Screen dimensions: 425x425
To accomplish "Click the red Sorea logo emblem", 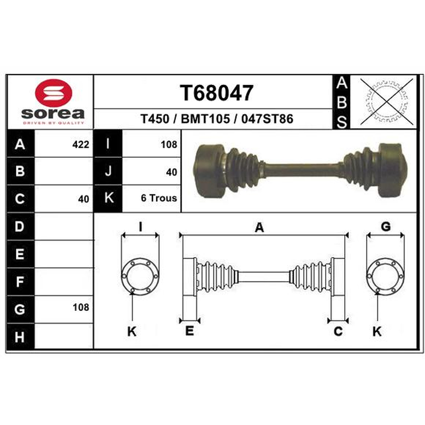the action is pos(54,93).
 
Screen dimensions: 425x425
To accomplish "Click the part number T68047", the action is pos(217,92).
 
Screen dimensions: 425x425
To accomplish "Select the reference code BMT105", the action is pos(205,118).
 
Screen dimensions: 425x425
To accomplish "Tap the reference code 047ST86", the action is pos(267,118).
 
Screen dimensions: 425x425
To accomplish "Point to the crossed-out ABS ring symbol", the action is pos(387,102).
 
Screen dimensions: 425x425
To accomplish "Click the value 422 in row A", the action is pos(81,144).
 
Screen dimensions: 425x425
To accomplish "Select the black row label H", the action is pos(20,337).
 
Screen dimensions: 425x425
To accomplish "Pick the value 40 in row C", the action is pos(83,199).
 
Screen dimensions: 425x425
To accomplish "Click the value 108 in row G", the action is pos(81,308).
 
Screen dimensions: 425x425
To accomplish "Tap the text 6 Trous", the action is pos(159,198).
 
